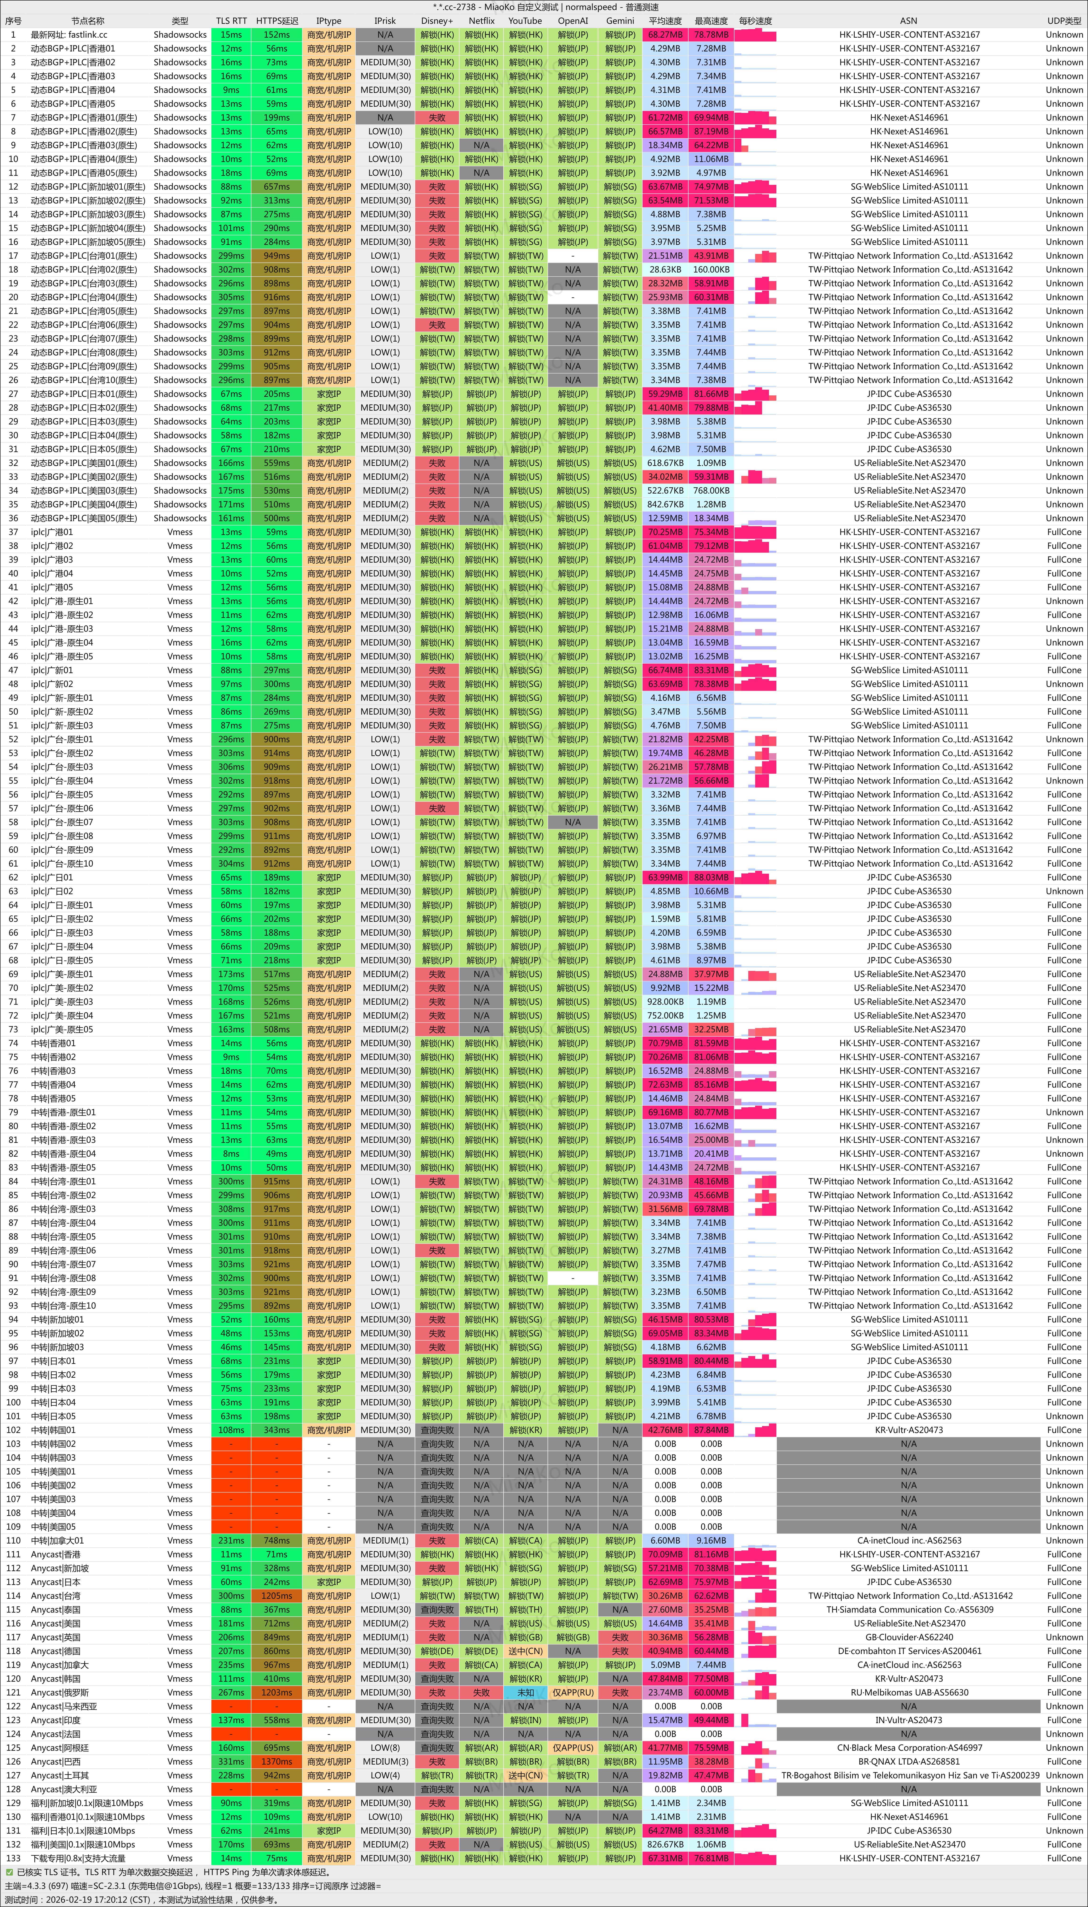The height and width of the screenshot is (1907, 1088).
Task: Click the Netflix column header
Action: point(481,21)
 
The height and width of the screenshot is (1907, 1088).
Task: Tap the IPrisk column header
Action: point(385,21)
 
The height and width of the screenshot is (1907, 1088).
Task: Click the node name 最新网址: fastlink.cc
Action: point(69,34)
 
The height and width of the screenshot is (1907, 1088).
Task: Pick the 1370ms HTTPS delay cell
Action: point(276,1761)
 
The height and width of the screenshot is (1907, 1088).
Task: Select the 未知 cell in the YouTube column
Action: point(525,1692)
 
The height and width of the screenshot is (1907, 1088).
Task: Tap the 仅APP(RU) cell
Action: point(572,1692)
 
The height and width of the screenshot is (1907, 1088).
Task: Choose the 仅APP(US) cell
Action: point(572,1748)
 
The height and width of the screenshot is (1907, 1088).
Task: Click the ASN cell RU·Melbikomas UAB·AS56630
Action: point(909,1692)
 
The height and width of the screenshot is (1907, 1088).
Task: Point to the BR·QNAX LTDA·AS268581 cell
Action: point(909,1761)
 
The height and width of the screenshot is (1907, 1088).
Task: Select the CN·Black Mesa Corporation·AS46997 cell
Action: point(909,1748)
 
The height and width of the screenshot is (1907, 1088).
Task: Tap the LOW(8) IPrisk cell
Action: point(385,1748)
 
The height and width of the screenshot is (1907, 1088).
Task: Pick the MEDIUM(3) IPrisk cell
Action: point(385,1761)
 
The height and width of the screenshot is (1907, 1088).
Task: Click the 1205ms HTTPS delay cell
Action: point(276,1595)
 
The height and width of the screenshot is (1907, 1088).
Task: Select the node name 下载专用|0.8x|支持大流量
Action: point(78,1858)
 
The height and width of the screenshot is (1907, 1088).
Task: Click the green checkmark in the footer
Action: point(9,1873)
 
